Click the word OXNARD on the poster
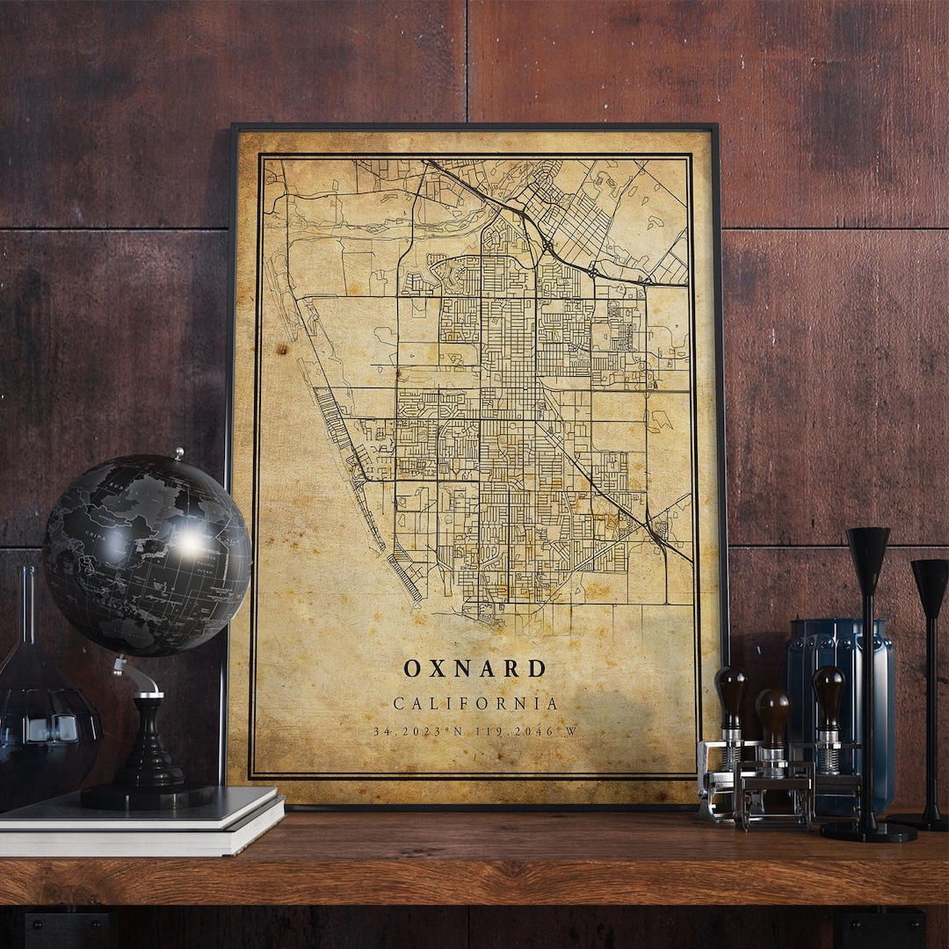tap(474, 669)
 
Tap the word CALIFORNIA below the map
tap(475, 704)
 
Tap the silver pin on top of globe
tap(178, 453)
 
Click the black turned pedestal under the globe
tap(150, 747)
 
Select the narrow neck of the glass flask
tap(28, 606)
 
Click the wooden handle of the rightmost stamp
tap(827, 690)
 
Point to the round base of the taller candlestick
tap(867, 830)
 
